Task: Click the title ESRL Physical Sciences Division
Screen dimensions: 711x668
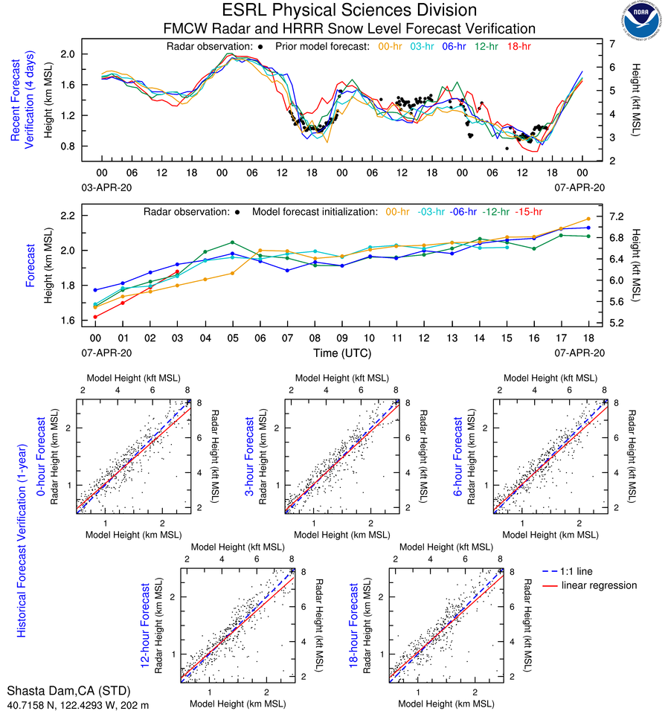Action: (350, 10)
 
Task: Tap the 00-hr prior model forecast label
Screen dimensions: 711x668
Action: (390, 46)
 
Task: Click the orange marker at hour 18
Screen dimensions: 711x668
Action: (588, 219)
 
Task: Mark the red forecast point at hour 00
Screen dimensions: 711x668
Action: (97, 317)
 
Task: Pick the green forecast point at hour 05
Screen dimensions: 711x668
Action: (232, 242)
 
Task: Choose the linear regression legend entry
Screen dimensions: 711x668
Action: (600, 585)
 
